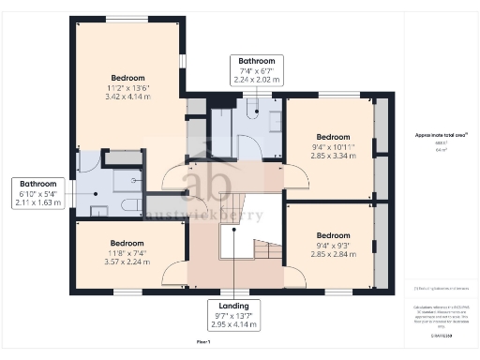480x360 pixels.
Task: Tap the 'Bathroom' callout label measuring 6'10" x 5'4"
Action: [39, 184]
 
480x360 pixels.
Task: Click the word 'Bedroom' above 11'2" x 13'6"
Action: [127, 77]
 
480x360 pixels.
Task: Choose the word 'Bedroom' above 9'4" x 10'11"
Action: [333, 136]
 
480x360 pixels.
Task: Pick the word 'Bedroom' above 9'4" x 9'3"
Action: [333, 234]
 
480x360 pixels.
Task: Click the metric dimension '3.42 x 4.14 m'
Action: [127, 97]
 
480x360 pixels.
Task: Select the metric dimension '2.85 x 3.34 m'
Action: [333, 156]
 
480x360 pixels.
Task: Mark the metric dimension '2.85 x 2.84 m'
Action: [333, 254]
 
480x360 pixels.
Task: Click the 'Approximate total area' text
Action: [440, 135]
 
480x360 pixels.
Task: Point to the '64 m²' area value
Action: [440, 150]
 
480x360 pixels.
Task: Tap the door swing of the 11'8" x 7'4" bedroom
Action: [174, 273]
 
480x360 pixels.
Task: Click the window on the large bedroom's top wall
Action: [119, 19]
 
